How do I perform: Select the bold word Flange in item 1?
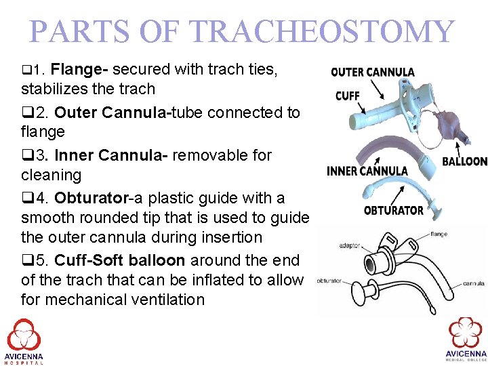[x=80, y=69]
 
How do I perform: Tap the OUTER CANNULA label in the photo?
[x=372, y=72]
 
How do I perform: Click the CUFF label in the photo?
[x=347, y=96]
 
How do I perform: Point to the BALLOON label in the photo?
[x=464, y=161]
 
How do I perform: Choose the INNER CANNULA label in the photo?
[x=367, y=171]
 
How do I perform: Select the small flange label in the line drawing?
[x=438, y=234]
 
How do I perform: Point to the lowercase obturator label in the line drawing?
[x=329, y=280]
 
